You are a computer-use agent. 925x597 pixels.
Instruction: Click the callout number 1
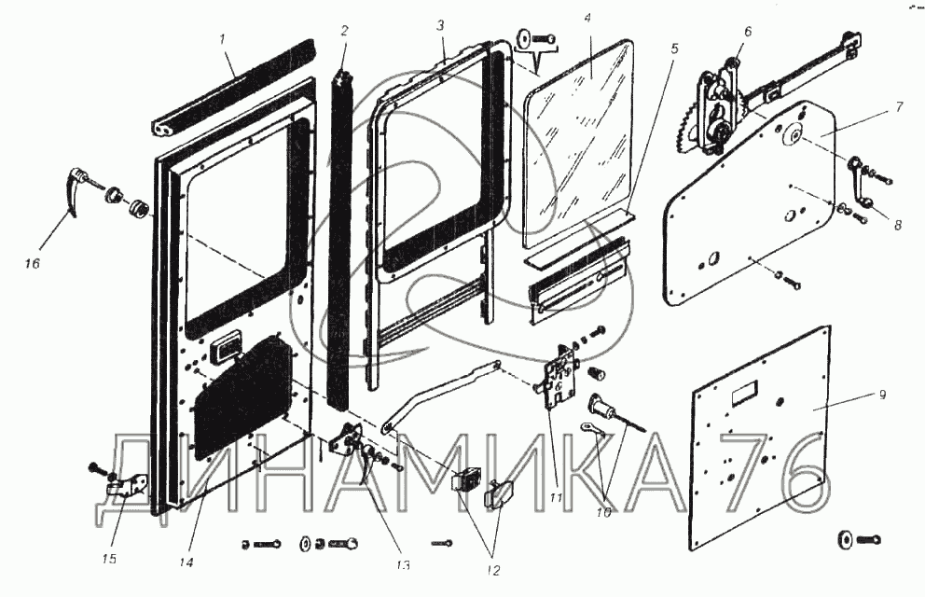tap(223, 39)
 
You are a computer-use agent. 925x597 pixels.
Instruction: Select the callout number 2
tap(343, 30)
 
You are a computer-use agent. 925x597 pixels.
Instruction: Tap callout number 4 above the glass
tap(587, 18)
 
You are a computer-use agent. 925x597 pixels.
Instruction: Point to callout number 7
tap(899, 106)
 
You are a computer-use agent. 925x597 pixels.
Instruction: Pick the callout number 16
tap(32, 265)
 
